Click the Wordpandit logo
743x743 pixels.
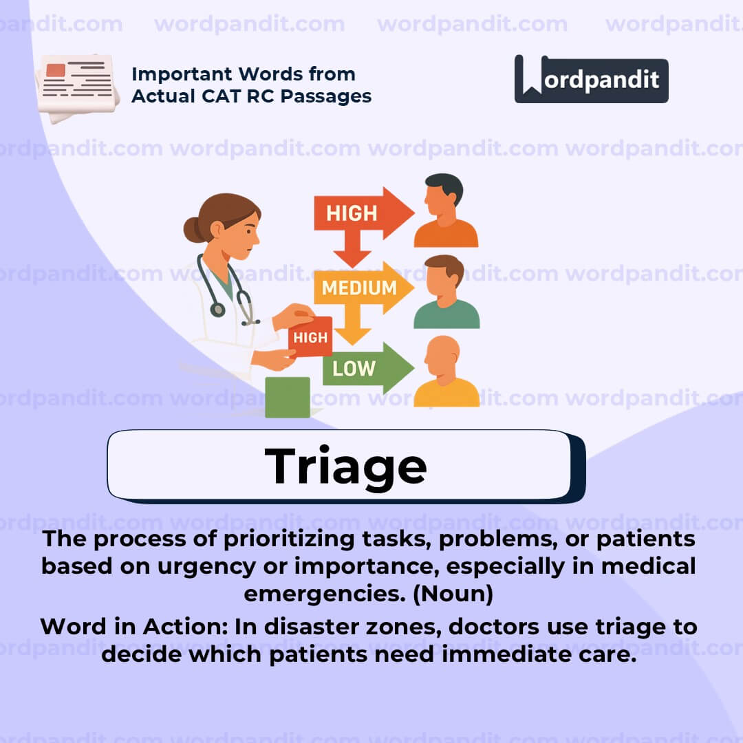pyautogui.click(x=591, y=79)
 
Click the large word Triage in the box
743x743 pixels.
pyautogui.click(x=346, y=466)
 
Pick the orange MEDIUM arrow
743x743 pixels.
pyautogui.click(x=361, y=288)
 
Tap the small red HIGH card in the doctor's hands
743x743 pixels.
pyautogui.click(x=310, y=337)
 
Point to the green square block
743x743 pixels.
pyautogui.click(x=287, y=397)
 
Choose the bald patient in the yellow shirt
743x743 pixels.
pyautogui.click(x=445, y=375)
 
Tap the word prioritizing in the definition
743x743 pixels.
pyautogui.click(x=290, y=539)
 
